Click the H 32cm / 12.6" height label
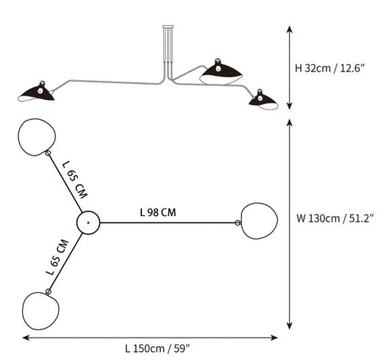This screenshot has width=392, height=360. (x=329, y=68)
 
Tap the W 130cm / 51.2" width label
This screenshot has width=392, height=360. (x=335, y=218)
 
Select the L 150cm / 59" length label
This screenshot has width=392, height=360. (x=157, y=348)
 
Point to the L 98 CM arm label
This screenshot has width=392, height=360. (x=158, y=212)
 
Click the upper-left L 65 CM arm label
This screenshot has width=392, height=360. (x=75, y=179)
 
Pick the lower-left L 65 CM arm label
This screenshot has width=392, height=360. (x=57, y=257)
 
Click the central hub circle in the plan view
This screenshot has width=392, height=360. (x=88, y=223)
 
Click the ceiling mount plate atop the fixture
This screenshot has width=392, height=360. (x=168, y=26)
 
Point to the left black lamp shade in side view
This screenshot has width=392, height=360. (x=36, y=93)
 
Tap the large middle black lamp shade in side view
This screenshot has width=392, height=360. (x=221, y=72)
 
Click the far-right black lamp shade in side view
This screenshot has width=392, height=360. (x=263, y=100)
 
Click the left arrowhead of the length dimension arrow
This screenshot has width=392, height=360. (x=26, y=338)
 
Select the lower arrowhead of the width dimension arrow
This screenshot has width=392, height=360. (x=290, y=325)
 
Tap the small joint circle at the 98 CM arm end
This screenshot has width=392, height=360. (x=238, y=223)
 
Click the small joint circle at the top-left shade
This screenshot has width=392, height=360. (x=48, y=153)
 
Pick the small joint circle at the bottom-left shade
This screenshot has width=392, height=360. (x=49, y=292)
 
